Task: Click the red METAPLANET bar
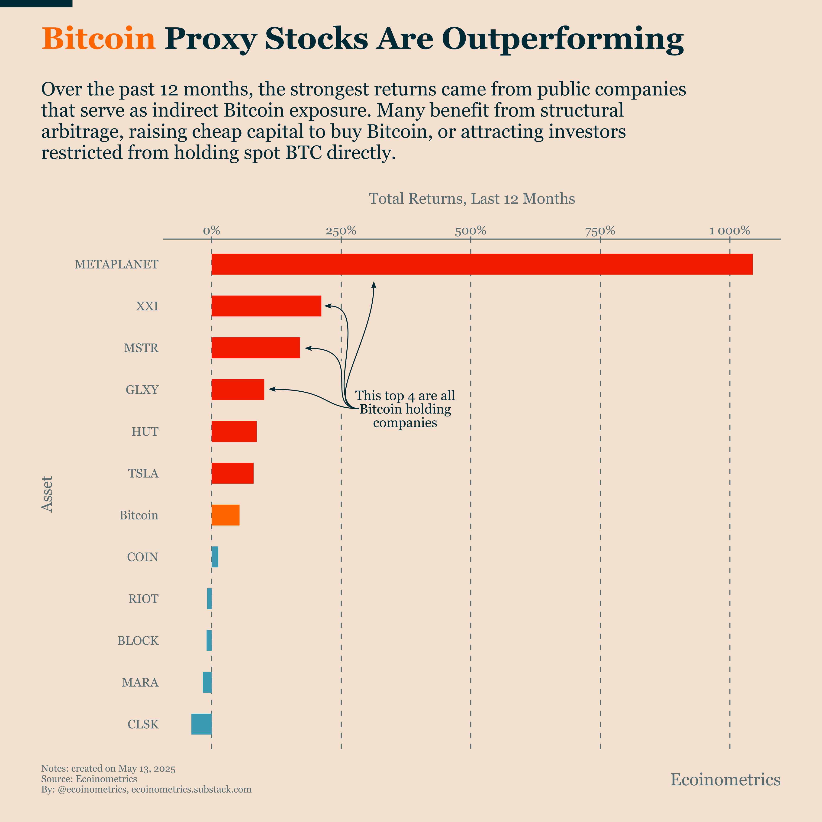(x=482, y=264)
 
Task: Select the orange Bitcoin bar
(x=226, y=515)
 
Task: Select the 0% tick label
(x=211, y=231)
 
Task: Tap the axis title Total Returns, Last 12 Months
(x=471, y=199)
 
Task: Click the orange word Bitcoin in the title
(x=98, y=39)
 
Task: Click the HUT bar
(x=234, y=432)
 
